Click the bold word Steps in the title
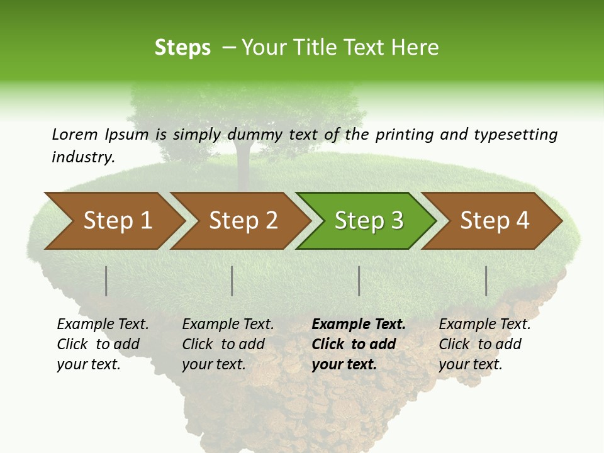click(182, 48)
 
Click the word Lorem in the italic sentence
click(75, 134)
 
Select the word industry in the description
click(82, 157)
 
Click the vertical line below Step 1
click(106, 281)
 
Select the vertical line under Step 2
click(232, 281)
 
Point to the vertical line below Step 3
click(359, 281)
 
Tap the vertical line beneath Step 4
click(486, 281)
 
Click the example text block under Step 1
click(103, 344)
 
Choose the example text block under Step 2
click(228, 344)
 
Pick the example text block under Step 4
click(484, 344)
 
